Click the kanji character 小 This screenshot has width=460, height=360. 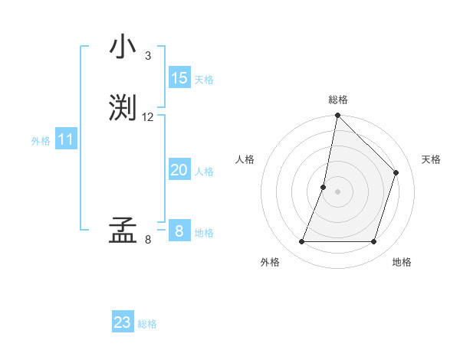pos(122,47)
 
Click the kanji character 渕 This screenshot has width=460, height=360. pos(123,108)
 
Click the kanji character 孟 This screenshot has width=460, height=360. pos(123,231)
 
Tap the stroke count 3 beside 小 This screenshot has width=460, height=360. pos(148,56)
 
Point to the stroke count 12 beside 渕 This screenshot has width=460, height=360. pos(148,117)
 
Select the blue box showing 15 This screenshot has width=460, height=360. pos(179,78)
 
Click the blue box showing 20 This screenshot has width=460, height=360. pos(179,170)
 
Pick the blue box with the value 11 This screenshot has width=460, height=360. pos(66,140)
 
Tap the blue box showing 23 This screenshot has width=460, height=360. pos(123,322)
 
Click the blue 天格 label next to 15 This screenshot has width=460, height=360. pos(204,80)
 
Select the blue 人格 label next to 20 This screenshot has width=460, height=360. pos(204,172)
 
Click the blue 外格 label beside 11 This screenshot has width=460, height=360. pos(41,141)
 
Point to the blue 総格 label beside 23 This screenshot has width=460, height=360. pos(147,324)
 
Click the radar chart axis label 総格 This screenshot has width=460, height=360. pos(338,100)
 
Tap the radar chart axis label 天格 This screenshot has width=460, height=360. pos(431,159)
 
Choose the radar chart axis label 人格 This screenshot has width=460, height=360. pos(245,159)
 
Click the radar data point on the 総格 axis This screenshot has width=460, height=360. pos(338,116)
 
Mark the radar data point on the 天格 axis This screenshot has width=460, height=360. pos(396,172)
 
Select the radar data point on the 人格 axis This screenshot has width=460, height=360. pos(324,187)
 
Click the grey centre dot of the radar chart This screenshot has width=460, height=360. pos(338,191)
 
